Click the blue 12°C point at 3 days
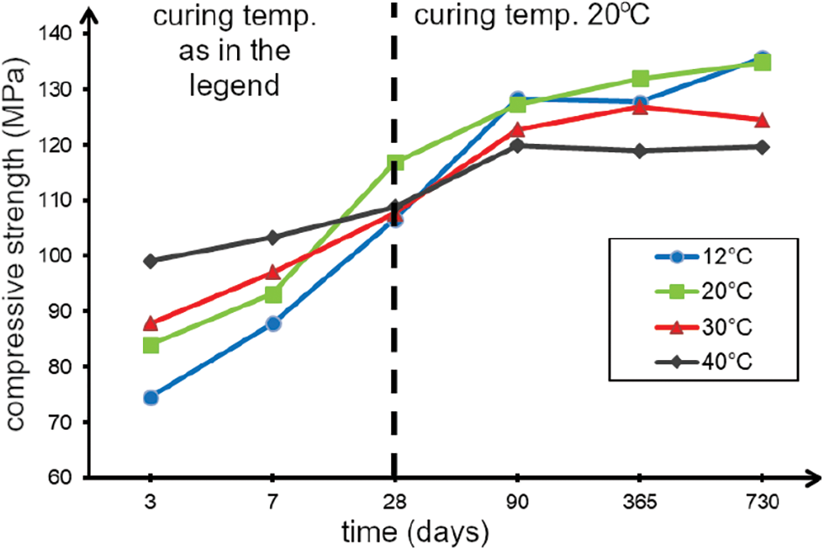[x=151, y=398]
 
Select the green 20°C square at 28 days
[x=395, y=162]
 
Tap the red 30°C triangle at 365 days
[x=640, y=107]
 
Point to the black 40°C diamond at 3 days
[x=151, y=261]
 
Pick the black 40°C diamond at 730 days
[x=763, y=147]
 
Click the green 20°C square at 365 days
[x=640, y=79]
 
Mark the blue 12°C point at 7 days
[x=272, y=324]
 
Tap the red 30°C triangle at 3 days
[x=151, y=324]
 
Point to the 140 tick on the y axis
[x=60, y=34]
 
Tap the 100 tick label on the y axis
[x=60, y=256]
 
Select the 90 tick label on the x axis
[x=517, y=503]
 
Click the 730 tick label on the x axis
[x=763, y=503]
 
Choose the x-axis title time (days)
[x=415, y=531]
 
